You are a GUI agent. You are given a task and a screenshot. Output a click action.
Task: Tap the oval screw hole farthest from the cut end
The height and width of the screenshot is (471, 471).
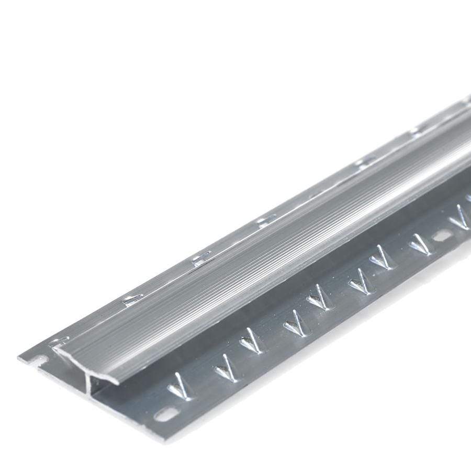(442, 236)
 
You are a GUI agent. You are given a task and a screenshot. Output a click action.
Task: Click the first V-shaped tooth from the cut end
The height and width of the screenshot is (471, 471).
(180, 387)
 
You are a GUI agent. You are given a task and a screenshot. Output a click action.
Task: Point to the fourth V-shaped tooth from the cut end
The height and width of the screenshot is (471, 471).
(295, 324)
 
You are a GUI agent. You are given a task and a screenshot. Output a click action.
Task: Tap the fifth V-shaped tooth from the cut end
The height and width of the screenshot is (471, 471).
(318, 300)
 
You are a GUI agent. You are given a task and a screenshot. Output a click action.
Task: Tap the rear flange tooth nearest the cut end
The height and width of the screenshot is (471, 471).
(58, 343)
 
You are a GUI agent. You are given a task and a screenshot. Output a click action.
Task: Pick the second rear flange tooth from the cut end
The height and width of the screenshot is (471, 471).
(132, 300)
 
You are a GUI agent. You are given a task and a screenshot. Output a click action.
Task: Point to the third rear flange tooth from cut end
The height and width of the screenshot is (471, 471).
(201, 257)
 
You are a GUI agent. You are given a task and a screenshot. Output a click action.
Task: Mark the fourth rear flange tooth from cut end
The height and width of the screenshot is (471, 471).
(265, 219)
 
